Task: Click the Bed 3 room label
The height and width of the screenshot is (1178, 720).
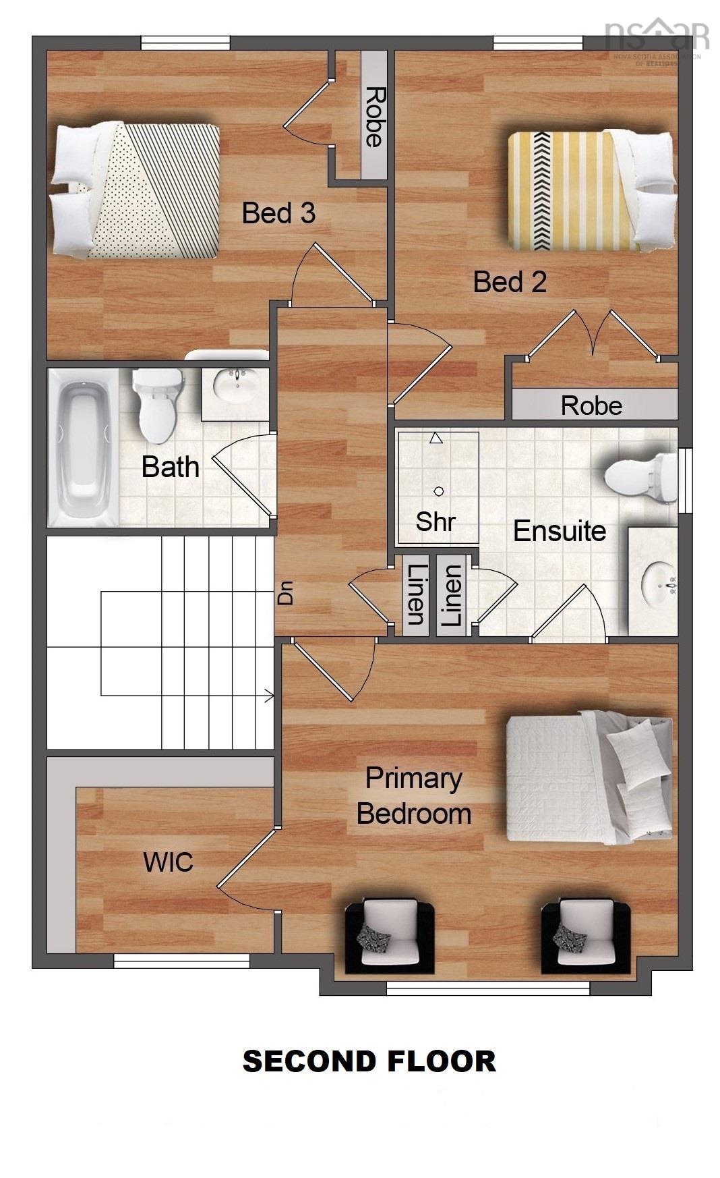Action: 278,213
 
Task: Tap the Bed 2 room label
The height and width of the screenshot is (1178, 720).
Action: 509,282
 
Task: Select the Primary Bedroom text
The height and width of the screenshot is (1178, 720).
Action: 413,796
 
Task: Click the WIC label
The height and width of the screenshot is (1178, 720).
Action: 168,862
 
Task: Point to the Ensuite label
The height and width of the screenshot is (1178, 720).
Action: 559,531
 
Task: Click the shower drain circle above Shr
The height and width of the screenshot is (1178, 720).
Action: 439,491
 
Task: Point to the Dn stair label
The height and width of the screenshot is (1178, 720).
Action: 287,594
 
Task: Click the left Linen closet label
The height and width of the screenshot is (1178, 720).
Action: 415,594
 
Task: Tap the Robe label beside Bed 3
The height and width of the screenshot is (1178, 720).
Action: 374,117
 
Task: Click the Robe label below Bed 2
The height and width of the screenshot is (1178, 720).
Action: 591,405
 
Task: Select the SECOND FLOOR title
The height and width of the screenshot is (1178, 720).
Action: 369,1061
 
